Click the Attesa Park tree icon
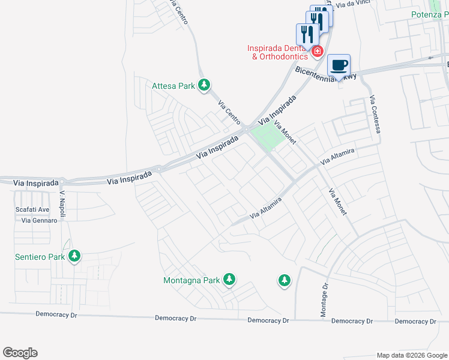[x=204, y=85]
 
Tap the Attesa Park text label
[x=173, y=86]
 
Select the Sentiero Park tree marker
[x=74, y=256]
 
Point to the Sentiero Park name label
[x=40, y=257]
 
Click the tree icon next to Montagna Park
[x=229, y=279]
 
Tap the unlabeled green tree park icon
[x=284, y=280]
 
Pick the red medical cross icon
[x=316, y=52]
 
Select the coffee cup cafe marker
[x=339, y=65]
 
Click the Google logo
[x=20, y=353]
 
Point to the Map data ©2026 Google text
[x=412, y=355]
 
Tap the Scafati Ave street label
[x=32, y=209]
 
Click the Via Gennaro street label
[x=39, y=220]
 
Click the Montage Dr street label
[x=324, y=300]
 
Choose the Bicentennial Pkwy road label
[x=326, y=74]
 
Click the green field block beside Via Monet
[x=267, y=137]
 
